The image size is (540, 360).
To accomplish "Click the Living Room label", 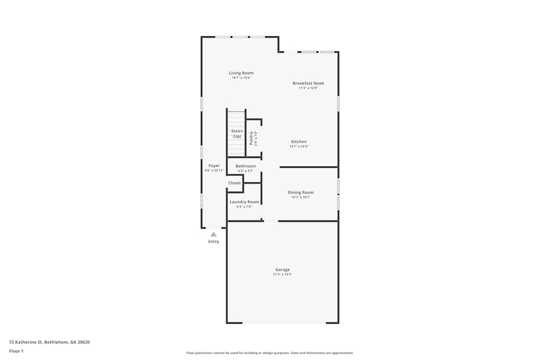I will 241,73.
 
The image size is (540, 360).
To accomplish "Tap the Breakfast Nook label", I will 308,83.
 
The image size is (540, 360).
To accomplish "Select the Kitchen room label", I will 299,142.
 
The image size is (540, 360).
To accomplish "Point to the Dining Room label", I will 300,193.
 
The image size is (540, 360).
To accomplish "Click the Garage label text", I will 282,270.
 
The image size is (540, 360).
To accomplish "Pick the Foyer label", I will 214,166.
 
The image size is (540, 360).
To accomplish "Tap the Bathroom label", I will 246,166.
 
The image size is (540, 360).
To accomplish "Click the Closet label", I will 234,183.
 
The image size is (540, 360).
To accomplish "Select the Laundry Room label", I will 244,202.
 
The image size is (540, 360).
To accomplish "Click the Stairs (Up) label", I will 237,134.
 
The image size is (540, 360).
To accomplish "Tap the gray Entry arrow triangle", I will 214,234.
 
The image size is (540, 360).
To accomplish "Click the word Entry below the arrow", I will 214,242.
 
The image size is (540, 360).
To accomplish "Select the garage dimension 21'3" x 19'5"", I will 282,275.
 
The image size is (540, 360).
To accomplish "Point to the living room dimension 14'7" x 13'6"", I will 241,78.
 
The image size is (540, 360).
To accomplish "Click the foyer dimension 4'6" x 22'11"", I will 214,171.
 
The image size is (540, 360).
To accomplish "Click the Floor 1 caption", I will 16,351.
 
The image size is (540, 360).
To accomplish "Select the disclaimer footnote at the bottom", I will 270,353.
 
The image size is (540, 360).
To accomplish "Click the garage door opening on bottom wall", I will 283,323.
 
